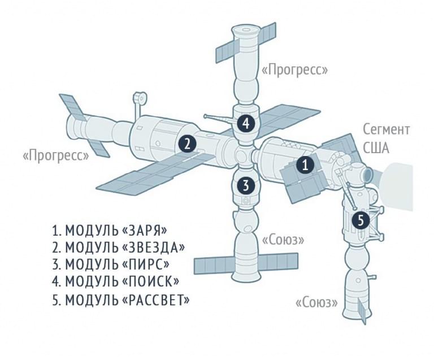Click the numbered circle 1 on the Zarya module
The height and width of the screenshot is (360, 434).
305,165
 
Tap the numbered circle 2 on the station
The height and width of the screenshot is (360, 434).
188,144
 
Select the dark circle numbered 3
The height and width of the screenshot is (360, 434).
246,186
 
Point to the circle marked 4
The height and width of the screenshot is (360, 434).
246,123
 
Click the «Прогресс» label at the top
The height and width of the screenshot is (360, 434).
294,70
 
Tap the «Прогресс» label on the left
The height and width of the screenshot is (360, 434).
55,155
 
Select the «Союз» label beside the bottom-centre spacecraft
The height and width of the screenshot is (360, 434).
283,240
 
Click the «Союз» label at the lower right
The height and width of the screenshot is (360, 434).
316,303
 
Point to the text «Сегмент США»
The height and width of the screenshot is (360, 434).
386,139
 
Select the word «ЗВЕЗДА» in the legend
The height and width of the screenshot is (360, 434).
153,248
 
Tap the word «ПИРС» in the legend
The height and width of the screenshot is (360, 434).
145,264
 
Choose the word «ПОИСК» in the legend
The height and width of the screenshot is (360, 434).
150,281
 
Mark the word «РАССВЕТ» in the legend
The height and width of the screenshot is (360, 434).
155,300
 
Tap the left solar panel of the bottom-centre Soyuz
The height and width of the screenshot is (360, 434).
215,266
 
